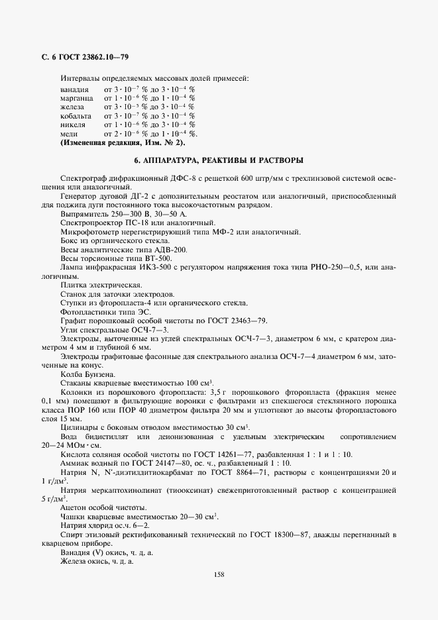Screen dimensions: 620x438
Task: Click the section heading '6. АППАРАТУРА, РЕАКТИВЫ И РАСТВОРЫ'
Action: click(x=219, y=160)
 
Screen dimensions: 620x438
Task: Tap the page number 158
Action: click(x=219, y=574)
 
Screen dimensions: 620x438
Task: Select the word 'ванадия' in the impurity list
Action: click(x=74, y=89)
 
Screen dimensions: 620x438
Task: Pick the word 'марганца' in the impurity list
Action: click(x=76, y=98)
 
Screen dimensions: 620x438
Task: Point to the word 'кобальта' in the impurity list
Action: click(x=76, y=116)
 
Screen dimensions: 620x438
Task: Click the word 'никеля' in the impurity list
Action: click(x=73, y=125)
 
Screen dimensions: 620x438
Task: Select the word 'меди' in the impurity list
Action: click(x=69, y=133)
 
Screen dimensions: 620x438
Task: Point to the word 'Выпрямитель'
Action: click(x=83, y=215)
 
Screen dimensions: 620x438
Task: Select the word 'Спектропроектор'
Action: click(x=90, y=223)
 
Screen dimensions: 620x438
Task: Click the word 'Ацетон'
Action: click(x=73, y=507)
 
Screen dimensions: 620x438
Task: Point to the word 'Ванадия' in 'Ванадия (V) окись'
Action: click(x=75, y=552)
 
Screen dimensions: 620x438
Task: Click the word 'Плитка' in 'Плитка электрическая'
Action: click(x=73, y=285)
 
